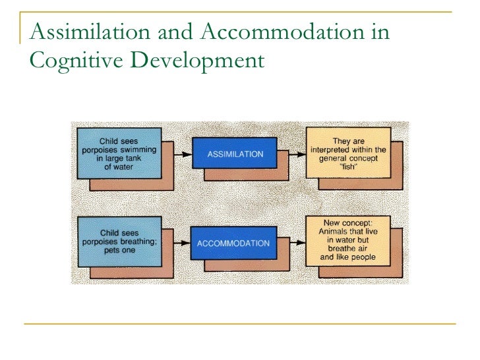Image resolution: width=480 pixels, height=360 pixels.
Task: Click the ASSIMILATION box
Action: pos(234,154)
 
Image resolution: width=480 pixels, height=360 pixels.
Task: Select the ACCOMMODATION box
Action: pos(233,243)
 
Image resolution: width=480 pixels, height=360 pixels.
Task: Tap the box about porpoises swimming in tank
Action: pos(118,154)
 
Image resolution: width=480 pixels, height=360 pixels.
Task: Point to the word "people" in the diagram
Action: pos(361,257)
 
